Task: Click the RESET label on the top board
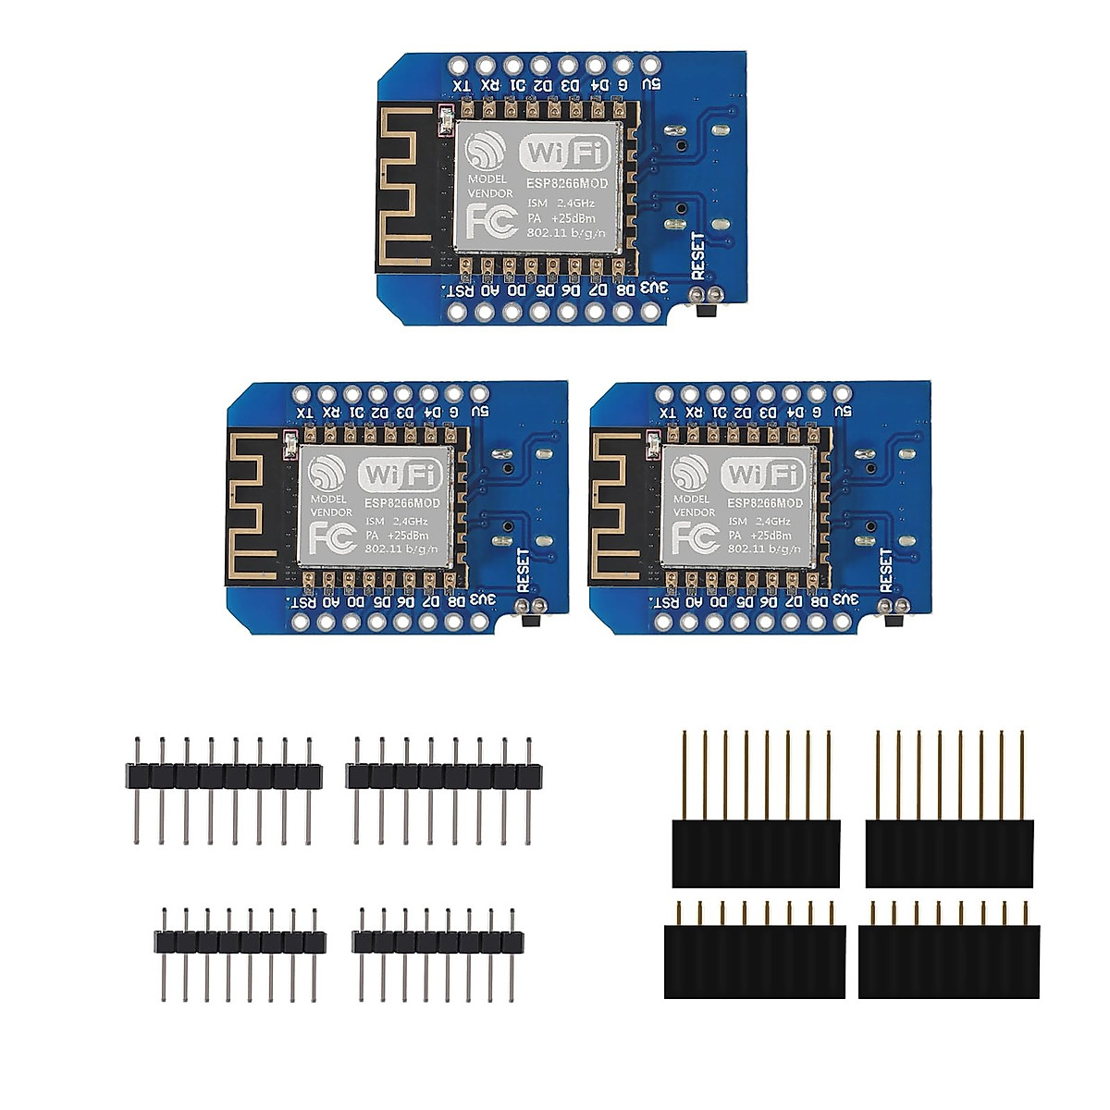pyautogui.click(x=697, y=255)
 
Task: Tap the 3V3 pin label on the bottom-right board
pyautogui.click(x=844, y=598)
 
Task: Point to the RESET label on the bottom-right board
pyautogui.click(x=886, y=570)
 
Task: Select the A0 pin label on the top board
pyautogui.click(x=490, y=289)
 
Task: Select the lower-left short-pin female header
pyautogui.click(x=755, y=959)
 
